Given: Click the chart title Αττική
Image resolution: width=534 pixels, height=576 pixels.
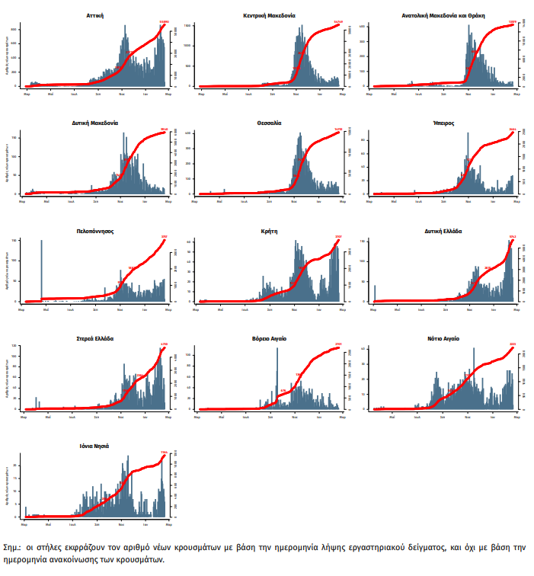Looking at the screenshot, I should pyautogui.click(x=96, y=14).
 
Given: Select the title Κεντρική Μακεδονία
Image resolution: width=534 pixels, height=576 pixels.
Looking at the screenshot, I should pyautogui.click(x=270, y=14).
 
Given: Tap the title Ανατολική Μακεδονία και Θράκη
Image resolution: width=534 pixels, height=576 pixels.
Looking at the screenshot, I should pyautogui.click(x=443, y=14).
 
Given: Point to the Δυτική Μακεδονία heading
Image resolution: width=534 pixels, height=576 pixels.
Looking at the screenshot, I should pyautogui.click(x=96, y=122).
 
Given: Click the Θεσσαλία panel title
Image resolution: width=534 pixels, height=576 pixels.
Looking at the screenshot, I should pyautogui.click(x=270, y=122).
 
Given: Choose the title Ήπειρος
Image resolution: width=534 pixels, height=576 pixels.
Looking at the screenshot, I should pyautogui.click(x=443, y=122).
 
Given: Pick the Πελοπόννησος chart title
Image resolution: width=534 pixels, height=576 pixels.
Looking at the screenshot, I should pyautogui.click(x=96, y=229).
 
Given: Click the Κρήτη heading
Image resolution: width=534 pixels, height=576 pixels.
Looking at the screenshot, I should pyautogui.click(x=270, y=229).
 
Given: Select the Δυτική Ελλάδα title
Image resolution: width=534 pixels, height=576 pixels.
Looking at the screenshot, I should pyautogui.click(x=443, y=229).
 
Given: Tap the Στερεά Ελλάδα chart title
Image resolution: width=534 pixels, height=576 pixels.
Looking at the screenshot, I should pyautogui.click(x=96, y=338).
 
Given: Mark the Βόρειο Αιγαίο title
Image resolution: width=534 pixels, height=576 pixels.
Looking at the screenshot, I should pyautogui.click(x=270, y=338).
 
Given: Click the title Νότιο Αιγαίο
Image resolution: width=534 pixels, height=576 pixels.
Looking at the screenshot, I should pyautogui.click(x=443, y=338).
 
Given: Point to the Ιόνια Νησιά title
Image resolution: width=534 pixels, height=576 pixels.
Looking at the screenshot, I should pyautogui.click(x=96, y=445).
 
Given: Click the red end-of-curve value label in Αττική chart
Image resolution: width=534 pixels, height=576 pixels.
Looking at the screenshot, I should pyautogui.click(x=164, y=22).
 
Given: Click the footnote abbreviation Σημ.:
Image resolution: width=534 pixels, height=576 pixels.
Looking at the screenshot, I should pyautogui.click(x=14, y=548).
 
